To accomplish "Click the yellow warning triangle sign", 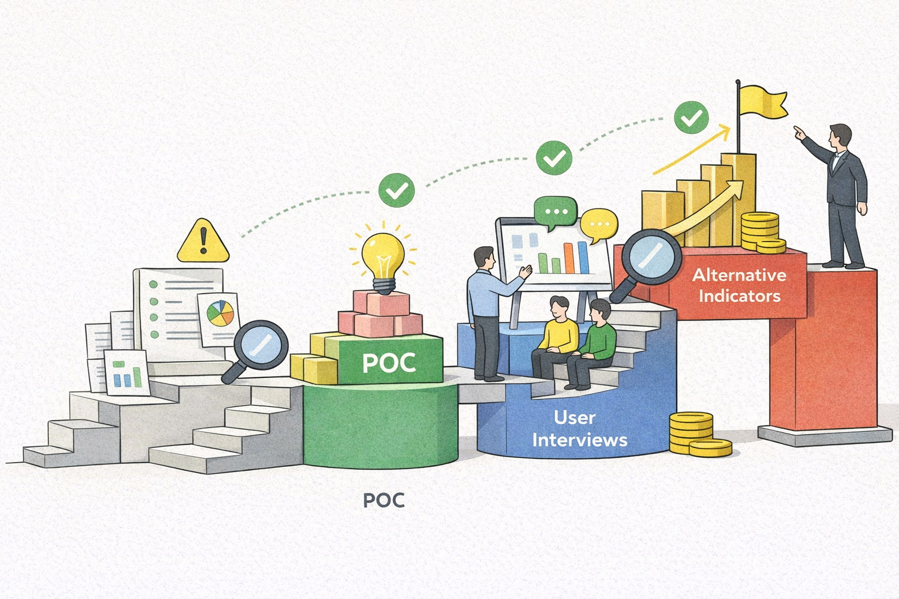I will pos(203,242).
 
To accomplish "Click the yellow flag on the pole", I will pos(761,103).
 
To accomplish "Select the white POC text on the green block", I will pos(389,363).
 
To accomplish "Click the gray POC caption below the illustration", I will pos(383,501).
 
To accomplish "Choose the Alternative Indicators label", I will pos(739,285).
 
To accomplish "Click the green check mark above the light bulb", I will pos(396,190).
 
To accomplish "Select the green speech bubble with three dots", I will pos(555,211).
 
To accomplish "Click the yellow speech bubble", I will pos(599,225).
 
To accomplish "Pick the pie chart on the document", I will pos(218,314).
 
